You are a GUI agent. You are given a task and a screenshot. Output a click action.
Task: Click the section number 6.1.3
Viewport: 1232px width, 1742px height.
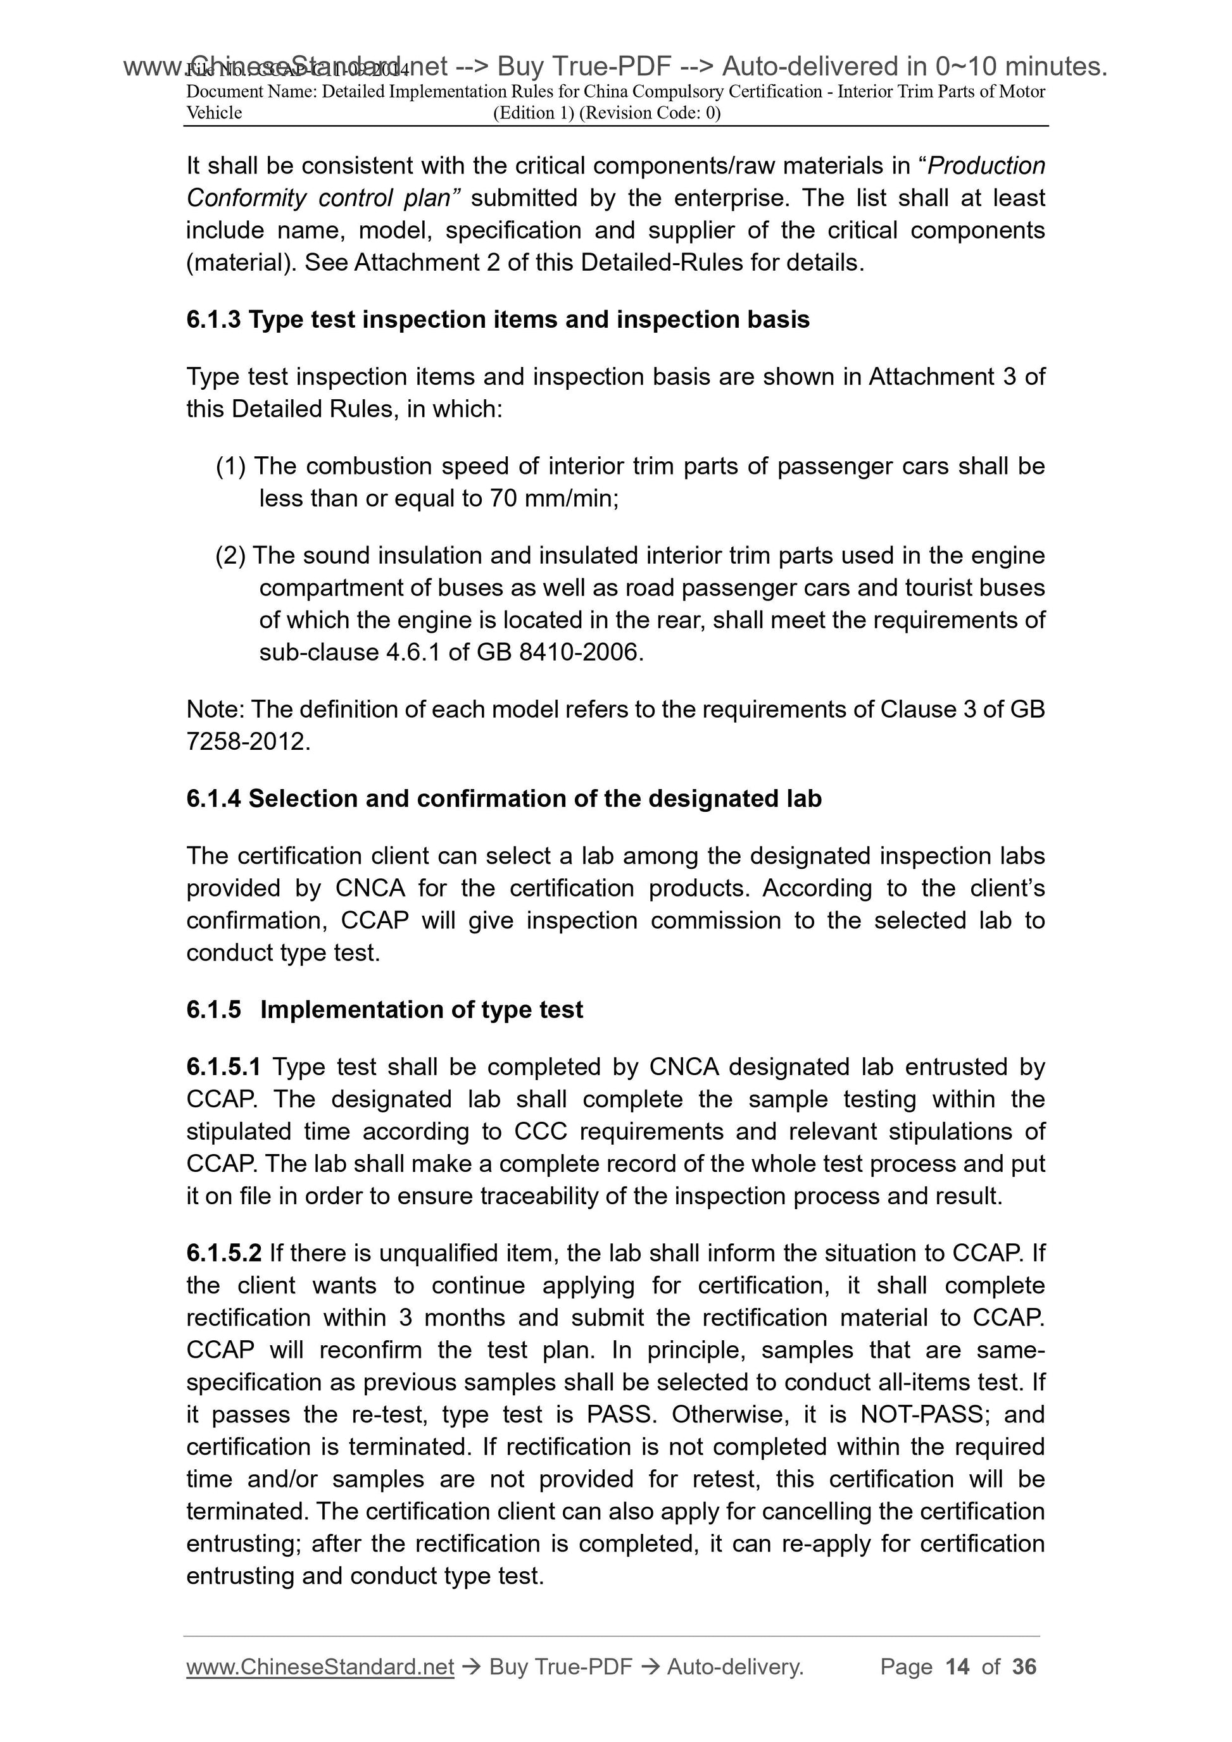click(213, 320)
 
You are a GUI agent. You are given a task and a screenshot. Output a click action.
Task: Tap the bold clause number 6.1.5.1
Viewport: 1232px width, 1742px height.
click(223, 1067)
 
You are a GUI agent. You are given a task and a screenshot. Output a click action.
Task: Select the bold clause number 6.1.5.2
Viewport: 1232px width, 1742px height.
click(224, 1253)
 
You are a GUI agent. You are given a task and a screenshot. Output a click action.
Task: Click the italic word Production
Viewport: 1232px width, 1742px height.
click(986, 165)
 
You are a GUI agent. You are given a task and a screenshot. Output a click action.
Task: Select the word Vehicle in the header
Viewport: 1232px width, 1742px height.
click(214, 113)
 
